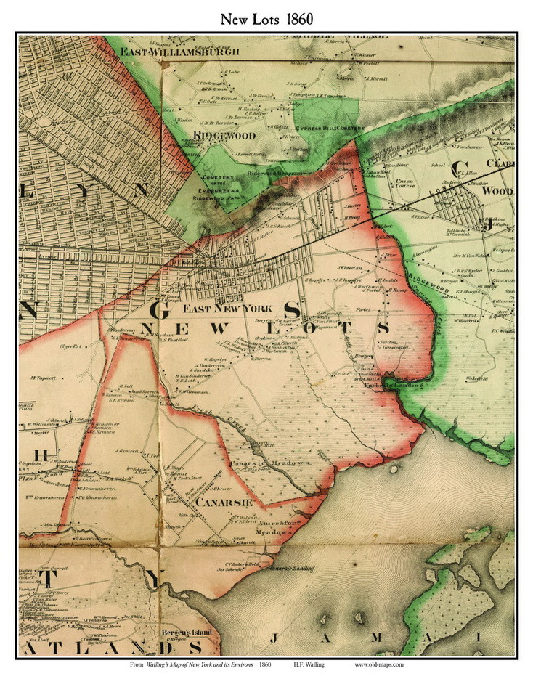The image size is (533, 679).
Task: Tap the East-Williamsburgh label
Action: point(163,52)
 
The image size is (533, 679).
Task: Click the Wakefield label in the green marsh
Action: point(477,378)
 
